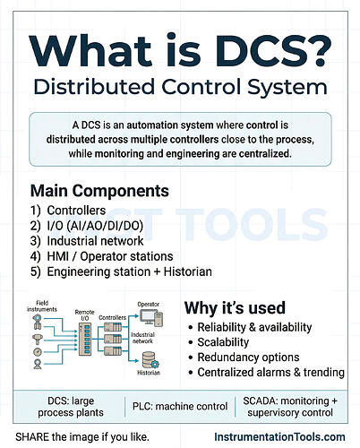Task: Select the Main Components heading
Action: tap(99, 191)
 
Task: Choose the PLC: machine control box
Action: tap(187, 407)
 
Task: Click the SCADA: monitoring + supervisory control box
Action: tap(295, 407)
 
